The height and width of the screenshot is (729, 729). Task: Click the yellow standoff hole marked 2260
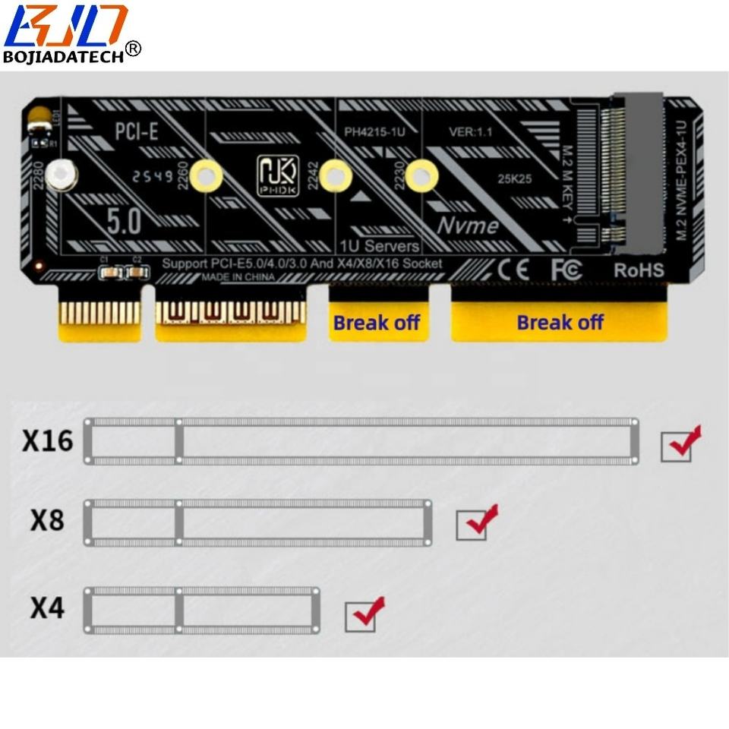pyautogui.click(x=206, y=176)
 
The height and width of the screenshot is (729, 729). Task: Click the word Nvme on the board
pyautogui.click(x=467, y=225)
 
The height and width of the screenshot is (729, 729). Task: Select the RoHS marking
pyautogui.click(x=638, y=270)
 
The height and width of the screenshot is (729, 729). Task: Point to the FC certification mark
pyautogui.click(x=566, y=269)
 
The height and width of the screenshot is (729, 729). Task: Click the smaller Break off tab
pyautogui.click(x=377, y=322)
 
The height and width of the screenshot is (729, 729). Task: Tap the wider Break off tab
pyautogui.click(x=560, y=322)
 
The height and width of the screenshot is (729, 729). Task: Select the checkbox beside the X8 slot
pyautogui.click(x=472, y=525)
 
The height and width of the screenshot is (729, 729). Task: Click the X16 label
pyautogui.click(x=47, y=440)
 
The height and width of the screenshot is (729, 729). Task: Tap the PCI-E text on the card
pyautogui.click(x=137, y=131)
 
